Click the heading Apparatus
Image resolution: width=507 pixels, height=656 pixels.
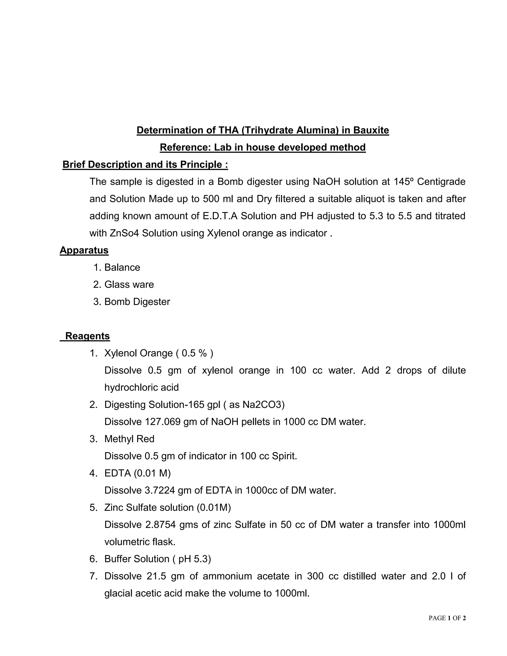click(84, 250)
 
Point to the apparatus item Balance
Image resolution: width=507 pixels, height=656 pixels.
click(122, 267)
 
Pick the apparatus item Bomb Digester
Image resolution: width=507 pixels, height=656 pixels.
click(137, 302)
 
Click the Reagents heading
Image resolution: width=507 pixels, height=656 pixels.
click(87, 336)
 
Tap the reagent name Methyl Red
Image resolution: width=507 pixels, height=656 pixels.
click(129, 439)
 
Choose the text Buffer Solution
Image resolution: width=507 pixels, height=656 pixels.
click(137, 559)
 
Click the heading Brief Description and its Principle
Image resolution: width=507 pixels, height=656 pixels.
click(145, 164)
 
